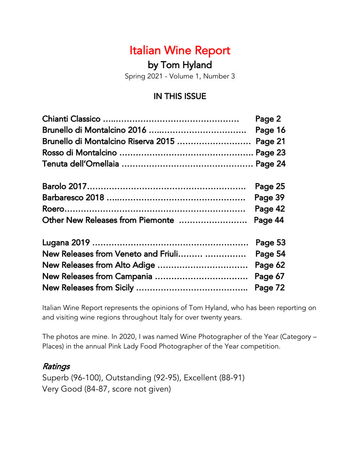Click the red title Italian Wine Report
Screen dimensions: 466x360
click(180, 51)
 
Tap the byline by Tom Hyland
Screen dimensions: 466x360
click(180, 65)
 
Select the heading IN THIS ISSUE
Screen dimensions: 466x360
click(180, 97)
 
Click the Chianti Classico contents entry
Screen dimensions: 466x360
click(71, 119)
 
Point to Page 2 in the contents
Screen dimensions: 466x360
click(268, 119)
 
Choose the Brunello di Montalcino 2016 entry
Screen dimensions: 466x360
click(94, 130)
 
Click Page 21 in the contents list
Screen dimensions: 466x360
click(270, 141)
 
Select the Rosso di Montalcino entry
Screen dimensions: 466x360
click(80, 153)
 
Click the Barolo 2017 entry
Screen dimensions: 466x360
click(64, 186)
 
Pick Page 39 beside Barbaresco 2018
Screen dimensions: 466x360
click(269, 197)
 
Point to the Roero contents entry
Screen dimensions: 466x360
click(53, 209)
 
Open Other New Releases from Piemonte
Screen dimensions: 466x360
click(108, 220)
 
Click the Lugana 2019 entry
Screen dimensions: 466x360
click(66, 243)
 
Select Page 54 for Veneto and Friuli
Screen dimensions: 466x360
click(270, 254)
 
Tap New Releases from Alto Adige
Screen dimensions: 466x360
click(98, 265)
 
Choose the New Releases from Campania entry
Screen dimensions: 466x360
click(97, 277)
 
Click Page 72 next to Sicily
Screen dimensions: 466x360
click(269, 288)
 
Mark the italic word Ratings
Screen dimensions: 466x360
click(56, 366)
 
